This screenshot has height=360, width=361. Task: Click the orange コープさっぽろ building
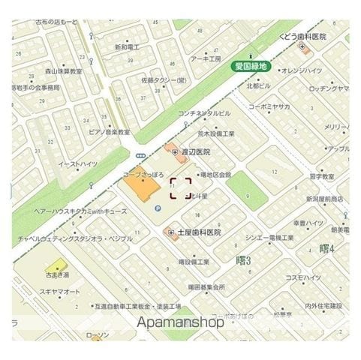138,184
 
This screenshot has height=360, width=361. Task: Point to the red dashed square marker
180,188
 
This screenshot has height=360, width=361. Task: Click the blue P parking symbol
158,208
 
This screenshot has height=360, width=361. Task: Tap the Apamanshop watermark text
181,323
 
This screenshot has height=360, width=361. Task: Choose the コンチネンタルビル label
204,114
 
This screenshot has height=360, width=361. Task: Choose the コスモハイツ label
307,278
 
